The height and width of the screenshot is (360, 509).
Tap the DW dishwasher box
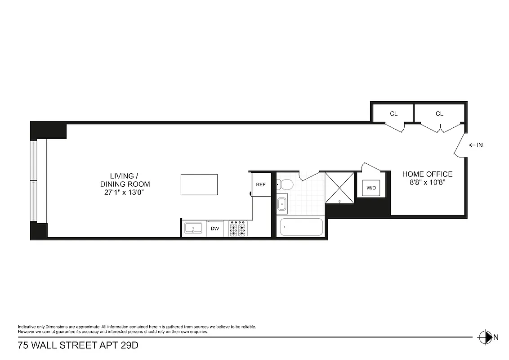tap(214, 229)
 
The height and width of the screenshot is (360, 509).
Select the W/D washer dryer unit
tap(371, 188)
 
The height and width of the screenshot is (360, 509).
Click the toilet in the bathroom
tap(285, 184)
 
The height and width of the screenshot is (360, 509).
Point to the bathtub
tap(301, 227)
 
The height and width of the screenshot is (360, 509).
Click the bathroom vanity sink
tap(282, 204)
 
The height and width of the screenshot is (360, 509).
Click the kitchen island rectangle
tap(199, 184)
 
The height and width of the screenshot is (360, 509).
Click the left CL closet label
tap(393, 114)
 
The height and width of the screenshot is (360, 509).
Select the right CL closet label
tap(439, 114)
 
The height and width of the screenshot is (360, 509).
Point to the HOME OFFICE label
tap(427, 174)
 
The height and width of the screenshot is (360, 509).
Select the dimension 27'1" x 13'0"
tap(125, 193)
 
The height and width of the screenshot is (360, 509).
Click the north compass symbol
tap(486, 337)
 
